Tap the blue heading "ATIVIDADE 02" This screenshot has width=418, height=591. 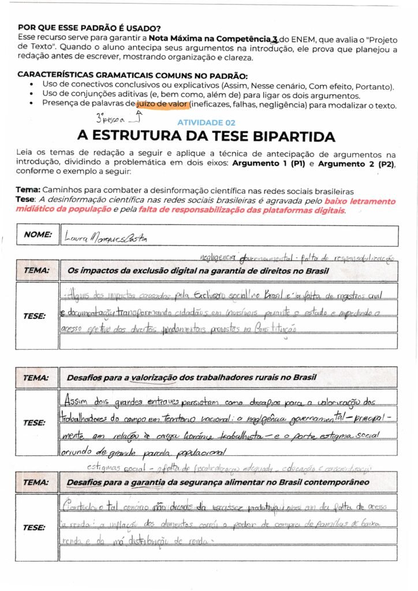(x=206, y=123)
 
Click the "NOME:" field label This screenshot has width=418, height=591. (x=38, y=234)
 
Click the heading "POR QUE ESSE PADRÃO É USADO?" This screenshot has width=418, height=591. (x=89, y=27)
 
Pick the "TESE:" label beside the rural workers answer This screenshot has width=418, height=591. (x=35, y=422)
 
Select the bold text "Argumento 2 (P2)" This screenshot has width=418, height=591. (x=357, y=164)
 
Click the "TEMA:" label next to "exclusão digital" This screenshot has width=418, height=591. (x=36, y=270)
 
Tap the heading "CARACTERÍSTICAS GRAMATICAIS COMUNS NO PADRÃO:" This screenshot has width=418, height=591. (x=133, y=75)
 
